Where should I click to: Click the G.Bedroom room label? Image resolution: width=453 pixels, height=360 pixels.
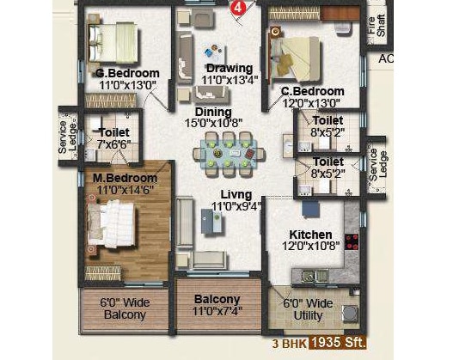(x=126, y=73)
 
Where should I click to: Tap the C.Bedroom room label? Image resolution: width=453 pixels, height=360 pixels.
(x=312, y=91)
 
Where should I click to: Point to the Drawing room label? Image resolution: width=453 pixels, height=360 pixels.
(x=229, y=69)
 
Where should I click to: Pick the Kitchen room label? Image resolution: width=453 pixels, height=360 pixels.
(x=311, y=234)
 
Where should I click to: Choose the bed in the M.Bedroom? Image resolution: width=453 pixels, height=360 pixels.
(x=112, y=228)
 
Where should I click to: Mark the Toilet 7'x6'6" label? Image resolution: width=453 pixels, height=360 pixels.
(x=113, y=138)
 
